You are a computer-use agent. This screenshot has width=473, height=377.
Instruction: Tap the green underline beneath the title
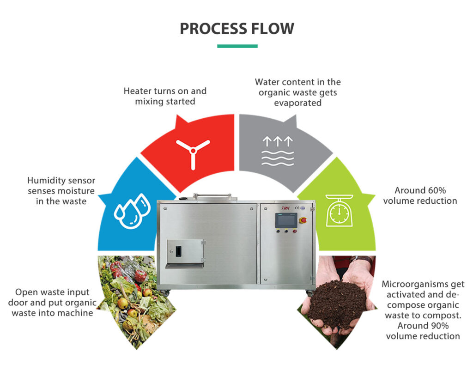point(237,46)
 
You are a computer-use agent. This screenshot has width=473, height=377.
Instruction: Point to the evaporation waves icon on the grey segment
point(277,151)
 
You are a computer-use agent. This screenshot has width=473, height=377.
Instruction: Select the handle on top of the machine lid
point(212,196)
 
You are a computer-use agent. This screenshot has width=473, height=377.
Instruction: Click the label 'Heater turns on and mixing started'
point(165,96)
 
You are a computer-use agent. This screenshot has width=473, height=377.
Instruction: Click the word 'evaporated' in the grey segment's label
point(297,103)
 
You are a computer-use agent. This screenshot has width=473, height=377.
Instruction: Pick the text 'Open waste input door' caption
point(52,292)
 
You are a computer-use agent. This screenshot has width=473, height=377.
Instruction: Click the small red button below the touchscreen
point(278,231)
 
